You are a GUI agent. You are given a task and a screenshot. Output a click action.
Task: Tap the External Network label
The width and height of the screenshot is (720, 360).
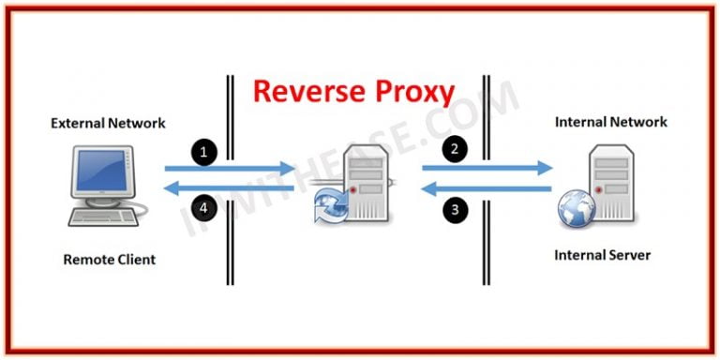[x=108, y=123]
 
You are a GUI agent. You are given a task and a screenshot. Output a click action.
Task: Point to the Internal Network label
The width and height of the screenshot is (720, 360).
[x=611, y=122]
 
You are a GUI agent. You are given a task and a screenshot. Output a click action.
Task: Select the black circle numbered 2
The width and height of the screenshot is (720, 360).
[x=455, y=147]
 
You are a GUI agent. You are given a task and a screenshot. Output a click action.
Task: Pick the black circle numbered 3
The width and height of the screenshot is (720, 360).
[x=455, y=211]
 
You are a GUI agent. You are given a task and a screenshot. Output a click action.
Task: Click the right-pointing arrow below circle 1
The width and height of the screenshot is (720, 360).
[x=229, y=168]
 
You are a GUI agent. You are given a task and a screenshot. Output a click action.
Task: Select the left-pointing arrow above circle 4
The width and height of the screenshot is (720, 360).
[x=229, y=189]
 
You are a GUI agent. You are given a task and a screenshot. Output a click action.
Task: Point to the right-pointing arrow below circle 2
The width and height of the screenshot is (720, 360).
[x=487, y=169]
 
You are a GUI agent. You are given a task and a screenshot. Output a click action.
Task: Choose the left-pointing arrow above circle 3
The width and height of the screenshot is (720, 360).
[x=487, y=188]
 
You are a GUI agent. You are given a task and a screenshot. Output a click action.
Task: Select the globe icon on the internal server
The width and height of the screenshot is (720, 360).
[x=574, y=208]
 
